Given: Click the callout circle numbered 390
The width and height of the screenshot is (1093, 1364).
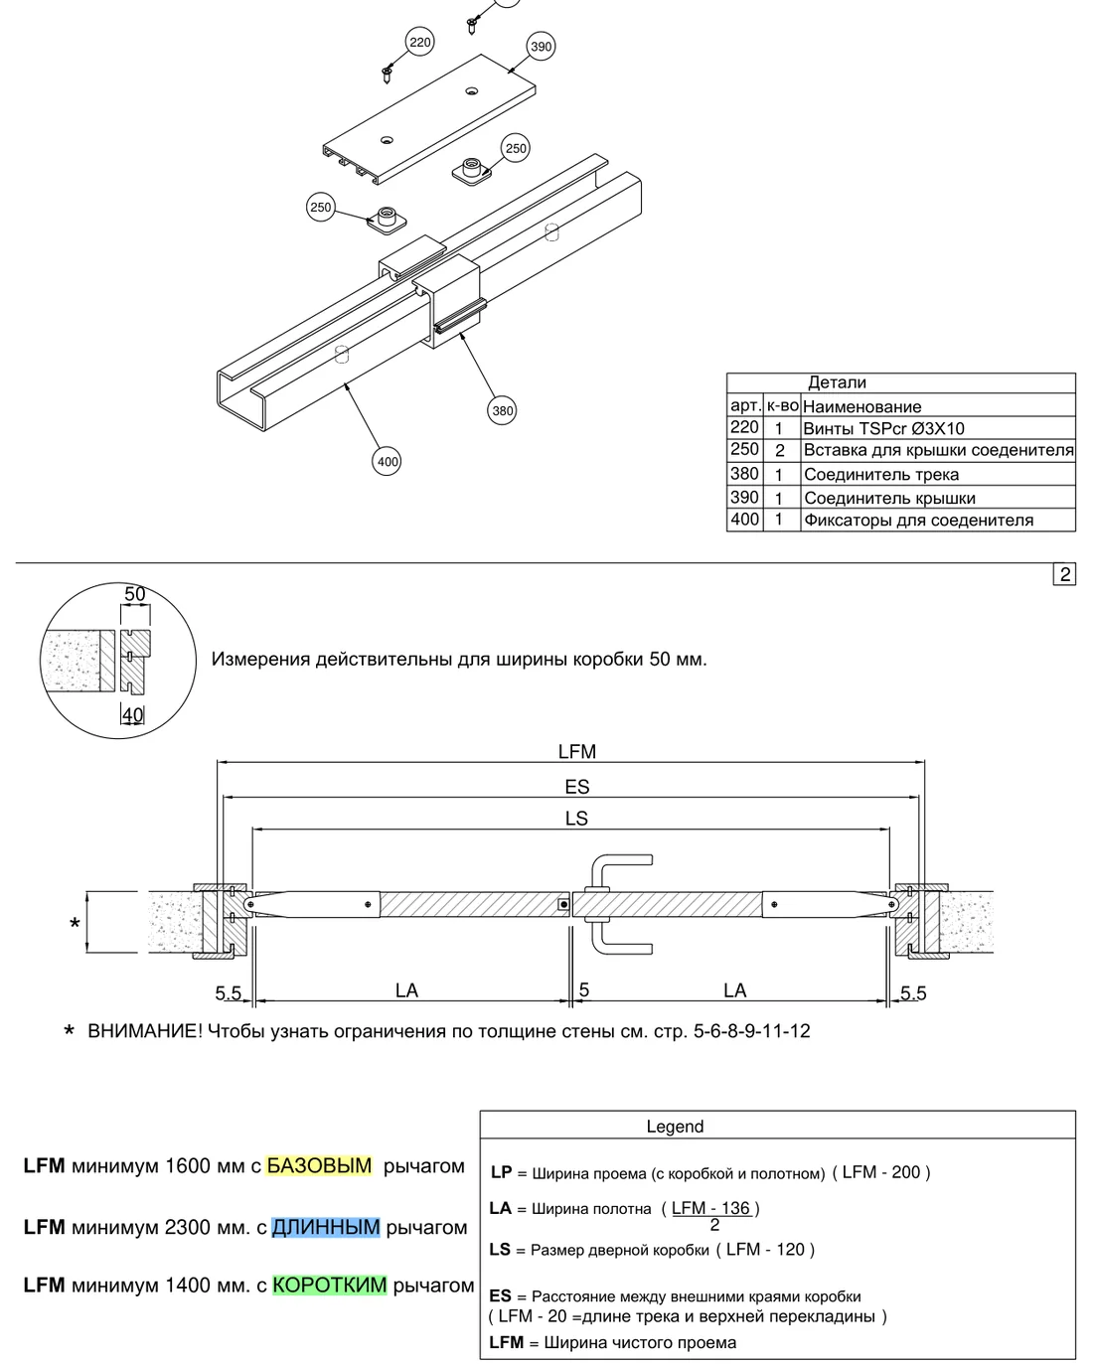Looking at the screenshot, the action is click(541, 47).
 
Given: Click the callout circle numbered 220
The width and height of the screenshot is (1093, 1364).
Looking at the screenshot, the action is click(419, 42).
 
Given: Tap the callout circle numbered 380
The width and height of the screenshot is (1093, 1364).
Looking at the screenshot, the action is click(502, 410).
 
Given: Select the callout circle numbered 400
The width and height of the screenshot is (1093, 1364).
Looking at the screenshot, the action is click(387, 461).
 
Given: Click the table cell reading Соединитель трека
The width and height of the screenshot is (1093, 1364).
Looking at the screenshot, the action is click(881, 474).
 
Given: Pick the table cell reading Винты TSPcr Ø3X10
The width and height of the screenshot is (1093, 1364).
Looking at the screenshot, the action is click(883, 428).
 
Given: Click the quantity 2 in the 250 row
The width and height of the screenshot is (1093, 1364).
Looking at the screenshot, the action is click(780, 451).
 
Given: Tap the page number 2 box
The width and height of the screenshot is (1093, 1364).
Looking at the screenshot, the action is click(1064, 574).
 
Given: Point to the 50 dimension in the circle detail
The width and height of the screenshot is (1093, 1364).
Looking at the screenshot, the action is click(135, 594).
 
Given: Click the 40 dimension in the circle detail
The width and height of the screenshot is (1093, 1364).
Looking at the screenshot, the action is click(133, 714).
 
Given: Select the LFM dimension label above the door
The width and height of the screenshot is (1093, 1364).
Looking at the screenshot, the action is click(577, 752).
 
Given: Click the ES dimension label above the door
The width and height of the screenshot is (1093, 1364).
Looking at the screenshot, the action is click(577, 787).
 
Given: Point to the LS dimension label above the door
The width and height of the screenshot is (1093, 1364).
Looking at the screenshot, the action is click(576, 819).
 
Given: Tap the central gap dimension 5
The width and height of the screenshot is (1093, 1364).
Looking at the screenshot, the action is click(584, 989).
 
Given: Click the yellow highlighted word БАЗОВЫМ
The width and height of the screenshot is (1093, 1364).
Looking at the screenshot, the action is click(319, 1165).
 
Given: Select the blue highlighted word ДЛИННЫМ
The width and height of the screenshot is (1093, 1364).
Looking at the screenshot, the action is click(326, 1227).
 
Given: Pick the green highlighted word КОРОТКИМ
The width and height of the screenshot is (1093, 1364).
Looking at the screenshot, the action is click(330, 1285).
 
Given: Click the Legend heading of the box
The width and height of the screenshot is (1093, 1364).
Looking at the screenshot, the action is click(675, 1127).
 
